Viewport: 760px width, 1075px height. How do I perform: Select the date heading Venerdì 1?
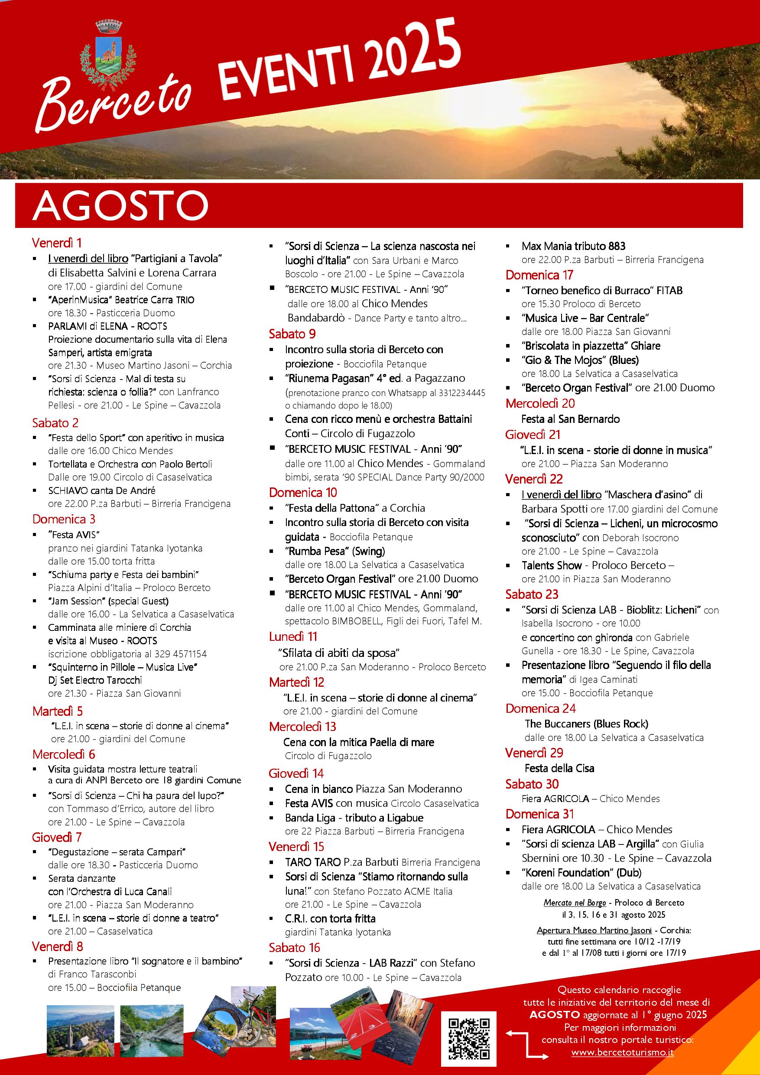point(57,243)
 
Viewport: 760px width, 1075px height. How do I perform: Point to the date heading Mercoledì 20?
point(540,403)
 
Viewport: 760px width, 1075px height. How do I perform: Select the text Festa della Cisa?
point(559,768)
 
